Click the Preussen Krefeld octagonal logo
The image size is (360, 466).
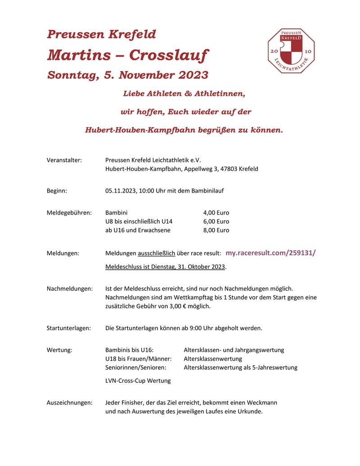click(x=291, y=51)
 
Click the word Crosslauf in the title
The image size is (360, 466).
click(x=169, y=55)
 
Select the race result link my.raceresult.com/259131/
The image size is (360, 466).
click(x=270, y=253)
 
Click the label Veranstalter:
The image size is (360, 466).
click(x=64, y=160)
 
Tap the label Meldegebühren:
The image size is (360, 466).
click(x=69, y=213)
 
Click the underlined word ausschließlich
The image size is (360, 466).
click(x=156, y=253)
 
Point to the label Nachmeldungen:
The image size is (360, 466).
click(x=70, y=288)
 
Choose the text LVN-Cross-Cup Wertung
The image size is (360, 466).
click(x=138, y=381)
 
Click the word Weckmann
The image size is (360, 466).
click(x=262, y=403)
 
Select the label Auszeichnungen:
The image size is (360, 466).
click(x=70, y=403)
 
